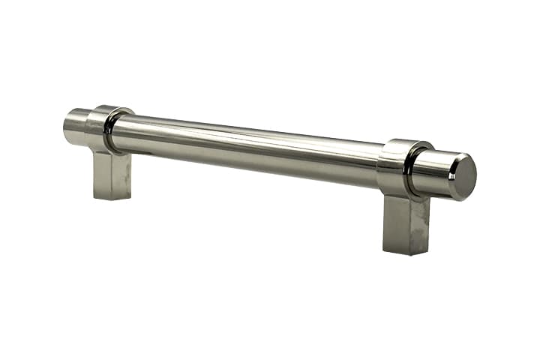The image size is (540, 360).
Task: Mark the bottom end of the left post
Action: pos(113,196)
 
